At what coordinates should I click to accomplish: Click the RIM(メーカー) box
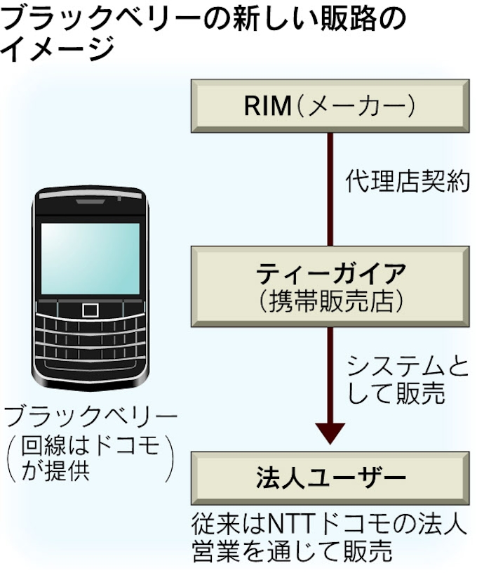(330, 107)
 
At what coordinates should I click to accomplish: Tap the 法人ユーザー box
(330, 478)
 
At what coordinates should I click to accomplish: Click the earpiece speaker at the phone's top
(90, 202)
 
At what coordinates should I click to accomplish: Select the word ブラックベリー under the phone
(90, 417)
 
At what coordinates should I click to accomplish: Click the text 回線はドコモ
(90, 446)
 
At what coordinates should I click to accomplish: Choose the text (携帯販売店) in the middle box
(330, 300)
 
